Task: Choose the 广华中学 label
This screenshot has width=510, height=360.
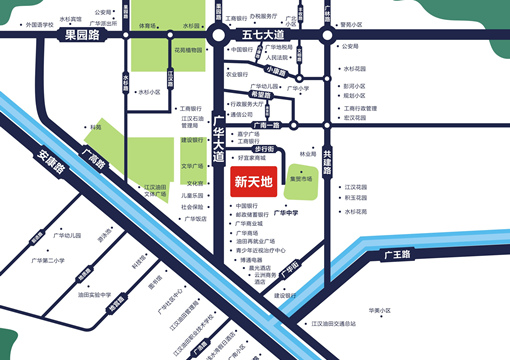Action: (x=289, y=213)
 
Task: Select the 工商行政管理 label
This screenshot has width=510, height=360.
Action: (x=362, y=108)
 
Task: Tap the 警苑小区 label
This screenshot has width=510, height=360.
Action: (x=361, y=24)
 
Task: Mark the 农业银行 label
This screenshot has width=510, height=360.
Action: (x=237, y=74)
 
